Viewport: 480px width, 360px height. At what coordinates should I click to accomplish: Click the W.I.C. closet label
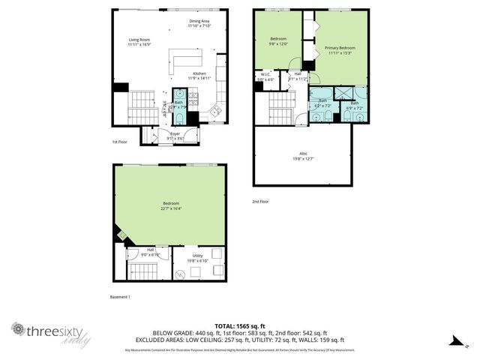coord(266,74)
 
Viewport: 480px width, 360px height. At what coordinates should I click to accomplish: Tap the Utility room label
coord(197,256)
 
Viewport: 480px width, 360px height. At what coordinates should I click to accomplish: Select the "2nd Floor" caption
coord(260,201)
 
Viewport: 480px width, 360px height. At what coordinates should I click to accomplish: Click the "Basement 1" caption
coord(119,297)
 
